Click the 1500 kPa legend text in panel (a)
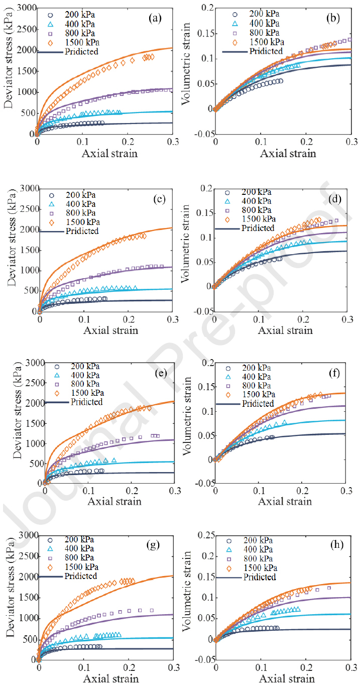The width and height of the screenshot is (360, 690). [83, 43]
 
